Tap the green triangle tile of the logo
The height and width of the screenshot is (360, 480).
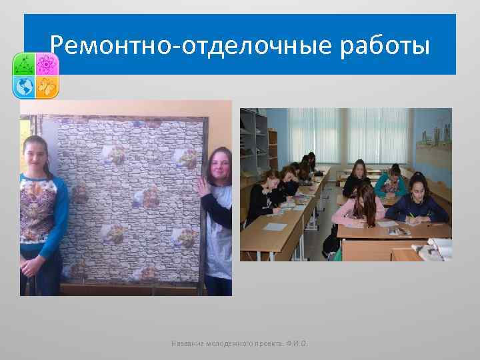tap(25, 64)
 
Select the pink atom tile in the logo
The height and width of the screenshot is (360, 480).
tap(47, 64)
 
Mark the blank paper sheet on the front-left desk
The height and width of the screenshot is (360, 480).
tap(274, 227)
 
